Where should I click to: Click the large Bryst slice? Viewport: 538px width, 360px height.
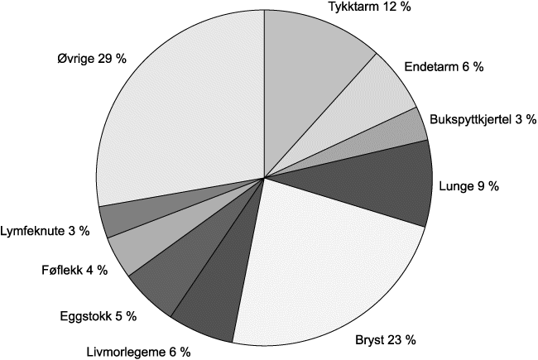click(x=331, y=265)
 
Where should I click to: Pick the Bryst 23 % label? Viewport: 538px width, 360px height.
click(x=386, y=340)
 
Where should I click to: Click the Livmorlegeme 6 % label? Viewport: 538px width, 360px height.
click(x=140, y=352)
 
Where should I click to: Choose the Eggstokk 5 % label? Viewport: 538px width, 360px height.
click(x=98, y=315)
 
